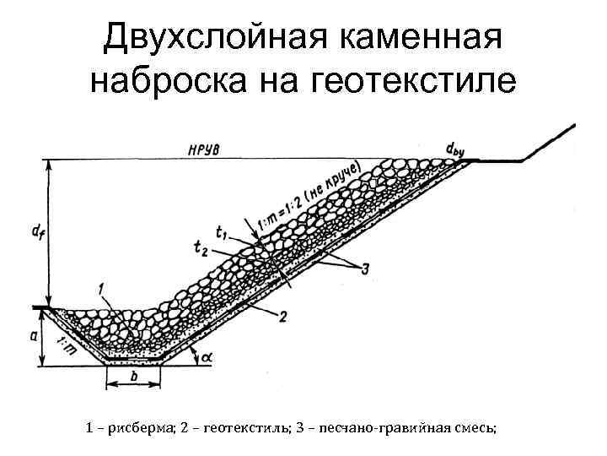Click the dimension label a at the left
(x=34, y=335)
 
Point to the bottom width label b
(x=133, y=377)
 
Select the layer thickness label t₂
(x=200, y=247)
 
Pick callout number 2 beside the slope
(x=283, y=316)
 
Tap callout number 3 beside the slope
(x=364, y=269)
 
